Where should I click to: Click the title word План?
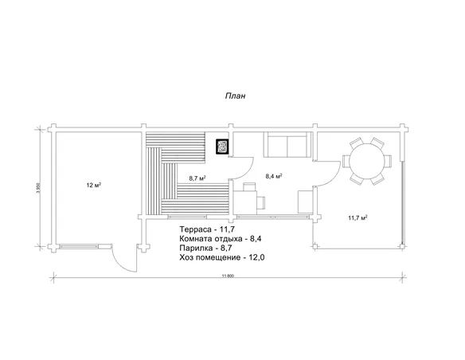pyautogui.click(x=235, y=96)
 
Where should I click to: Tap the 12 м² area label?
pyautogui.click(x=94, y=186)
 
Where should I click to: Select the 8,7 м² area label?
pyautogui.click(x=197, y=178)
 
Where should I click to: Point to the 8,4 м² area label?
pyautogui.click(x=274, y=176)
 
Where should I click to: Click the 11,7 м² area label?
pyautogui.click(x=358, y=218)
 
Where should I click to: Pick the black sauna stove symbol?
pyautogui.click(x=222, y=147)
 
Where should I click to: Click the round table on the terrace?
pyautogui.click(x=367, y=162)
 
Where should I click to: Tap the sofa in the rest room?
pyautogui.click(x=287, y=145)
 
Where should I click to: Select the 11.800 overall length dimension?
pyautogui.click(x=228, y=276)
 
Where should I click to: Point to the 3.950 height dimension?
pyautogui.click(x=37, y=187)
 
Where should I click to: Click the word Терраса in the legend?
pyautogui.click(x=195, y=229)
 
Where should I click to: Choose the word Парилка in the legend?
pyautogui.click(x=196, y=248)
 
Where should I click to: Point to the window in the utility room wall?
pyautogui.click(x=79, y=246)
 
